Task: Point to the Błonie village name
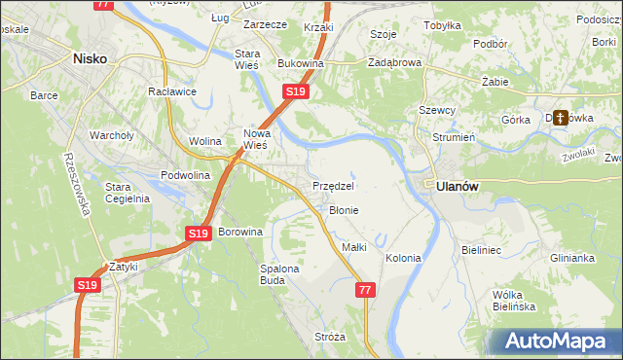(x=344, y=210)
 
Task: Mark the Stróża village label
(x=330, y=337)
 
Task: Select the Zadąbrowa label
(x=394, y=63)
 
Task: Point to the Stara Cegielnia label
(x=127, y=192)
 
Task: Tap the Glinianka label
(x=571, y=258)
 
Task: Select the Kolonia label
(x=403, y=258)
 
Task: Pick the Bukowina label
(x=300, y=63)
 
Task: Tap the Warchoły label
(x=110, y=135)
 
